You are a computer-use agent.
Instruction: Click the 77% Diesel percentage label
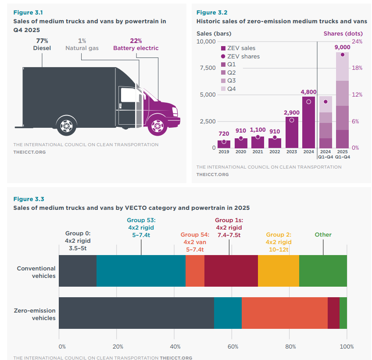(42, 41)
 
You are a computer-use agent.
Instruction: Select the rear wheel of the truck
(66, 126)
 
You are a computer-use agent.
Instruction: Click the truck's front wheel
(157, 126)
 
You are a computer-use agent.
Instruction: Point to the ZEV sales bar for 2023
(292, 132)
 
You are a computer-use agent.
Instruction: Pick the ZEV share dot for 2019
(224, 142)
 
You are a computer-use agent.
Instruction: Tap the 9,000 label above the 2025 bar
(342, 47)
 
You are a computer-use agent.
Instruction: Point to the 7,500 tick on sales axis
(205, 68)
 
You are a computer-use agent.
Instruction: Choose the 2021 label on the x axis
(258, 151)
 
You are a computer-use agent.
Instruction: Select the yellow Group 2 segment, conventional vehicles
(279, 270)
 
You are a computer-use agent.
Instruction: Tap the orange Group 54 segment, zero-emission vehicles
(284, 313)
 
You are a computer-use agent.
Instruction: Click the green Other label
(323, 234)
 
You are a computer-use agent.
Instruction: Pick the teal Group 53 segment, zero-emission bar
(228, 313)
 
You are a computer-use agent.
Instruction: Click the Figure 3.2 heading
(212, 12)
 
